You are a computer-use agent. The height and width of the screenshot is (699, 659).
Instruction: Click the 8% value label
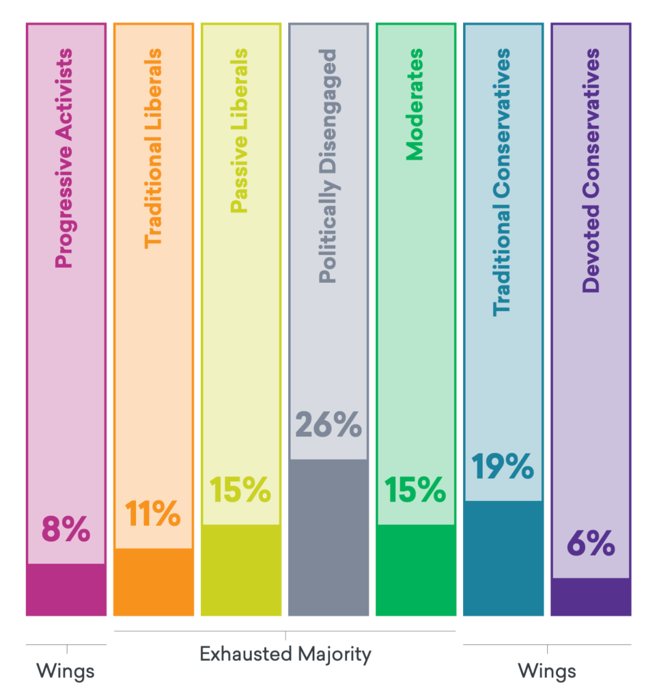point(66,530)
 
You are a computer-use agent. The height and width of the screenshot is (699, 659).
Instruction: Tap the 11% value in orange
point(153,514)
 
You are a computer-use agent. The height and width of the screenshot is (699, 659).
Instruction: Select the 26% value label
point(328,425)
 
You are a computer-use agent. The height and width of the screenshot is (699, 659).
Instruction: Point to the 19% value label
point(503,467)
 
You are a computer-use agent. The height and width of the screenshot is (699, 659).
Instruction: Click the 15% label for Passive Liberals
point(240,490)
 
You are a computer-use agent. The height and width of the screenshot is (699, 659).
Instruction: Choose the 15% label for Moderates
point(415,490)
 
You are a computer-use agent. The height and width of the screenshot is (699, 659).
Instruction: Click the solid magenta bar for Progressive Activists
point(66,590)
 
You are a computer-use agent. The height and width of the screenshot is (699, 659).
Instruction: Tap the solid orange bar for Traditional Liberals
point(153,582)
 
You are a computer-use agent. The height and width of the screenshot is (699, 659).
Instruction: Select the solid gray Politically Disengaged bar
point(328,537)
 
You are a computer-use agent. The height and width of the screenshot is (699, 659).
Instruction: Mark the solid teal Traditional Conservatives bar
point(503,558)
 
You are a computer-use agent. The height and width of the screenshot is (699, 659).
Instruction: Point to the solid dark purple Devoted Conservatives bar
point(590,597)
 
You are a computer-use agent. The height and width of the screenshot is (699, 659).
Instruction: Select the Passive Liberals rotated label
point(238,130)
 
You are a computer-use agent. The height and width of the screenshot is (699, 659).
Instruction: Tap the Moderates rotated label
point(414,105)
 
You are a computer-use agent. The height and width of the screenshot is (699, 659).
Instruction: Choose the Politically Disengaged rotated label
point(327,166)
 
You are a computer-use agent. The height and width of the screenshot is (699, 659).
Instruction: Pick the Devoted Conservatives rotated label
point(591,170)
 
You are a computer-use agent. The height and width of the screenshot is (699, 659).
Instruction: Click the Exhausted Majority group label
point(285,654)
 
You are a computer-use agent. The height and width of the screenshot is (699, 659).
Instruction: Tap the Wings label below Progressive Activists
point(66,671)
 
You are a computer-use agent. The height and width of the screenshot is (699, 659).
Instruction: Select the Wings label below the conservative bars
point(547,671)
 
